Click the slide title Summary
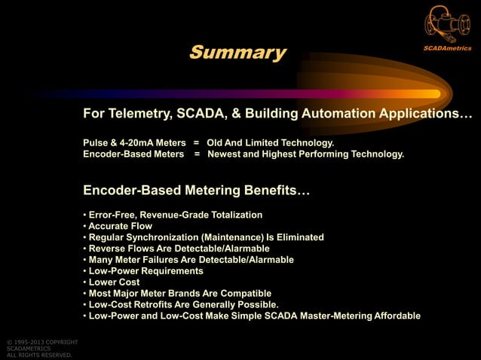point(237,53)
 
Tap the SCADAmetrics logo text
point(446,48)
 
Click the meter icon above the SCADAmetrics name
point(446,24)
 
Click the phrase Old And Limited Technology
point(270,142)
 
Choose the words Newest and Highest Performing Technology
point(305,154)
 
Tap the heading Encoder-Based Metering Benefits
point(196,190)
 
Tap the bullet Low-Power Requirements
point(146,270)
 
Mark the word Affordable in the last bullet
point(395,316)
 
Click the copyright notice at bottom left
point(38,349)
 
